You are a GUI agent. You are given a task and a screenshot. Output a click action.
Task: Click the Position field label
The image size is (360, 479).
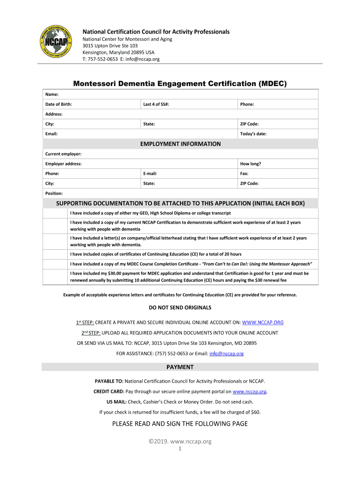[x=54, y=193]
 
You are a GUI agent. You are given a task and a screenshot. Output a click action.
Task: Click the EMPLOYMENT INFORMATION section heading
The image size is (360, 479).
[x=180, y=144]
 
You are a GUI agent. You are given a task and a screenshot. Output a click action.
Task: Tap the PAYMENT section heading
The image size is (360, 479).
[x=180, y=367]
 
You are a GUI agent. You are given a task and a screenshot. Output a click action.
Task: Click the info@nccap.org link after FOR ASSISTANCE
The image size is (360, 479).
[x=226, y=354]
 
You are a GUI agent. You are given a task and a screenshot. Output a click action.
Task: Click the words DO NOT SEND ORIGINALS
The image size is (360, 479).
[x=180, y=307]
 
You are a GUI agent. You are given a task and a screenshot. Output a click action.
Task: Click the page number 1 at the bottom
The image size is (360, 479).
[x=180, y=449]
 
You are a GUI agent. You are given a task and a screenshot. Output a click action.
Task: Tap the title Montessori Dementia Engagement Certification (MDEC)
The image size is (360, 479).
[x=180, y=84]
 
